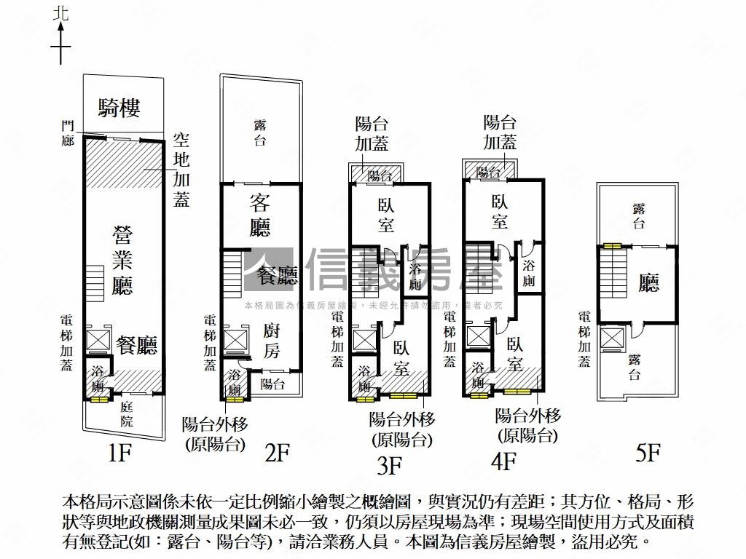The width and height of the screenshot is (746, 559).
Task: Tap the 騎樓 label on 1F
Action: click(119, 109)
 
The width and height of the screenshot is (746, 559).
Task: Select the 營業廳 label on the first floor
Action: click(122, 259)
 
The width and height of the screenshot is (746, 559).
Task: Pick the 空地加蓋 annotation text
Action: click(181, 169)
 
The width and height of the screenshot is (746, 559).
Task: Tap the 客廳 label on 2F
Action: click(260, 215)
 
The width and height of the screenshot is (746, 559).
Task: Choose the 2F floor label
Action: click(277, 453)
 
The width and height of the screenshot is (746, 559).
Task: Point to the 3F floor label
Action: click(390, 463)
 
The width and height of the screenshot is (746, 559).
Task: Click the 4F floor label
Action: click(503, 461)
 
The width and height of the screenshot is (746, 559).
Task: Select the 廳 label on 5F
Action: click(648, 282)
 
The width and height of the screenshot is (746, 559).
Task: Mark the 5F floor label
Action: click(647, 453)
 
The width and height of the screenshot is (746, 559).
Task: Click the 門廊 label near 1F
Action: click(68, 133)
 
